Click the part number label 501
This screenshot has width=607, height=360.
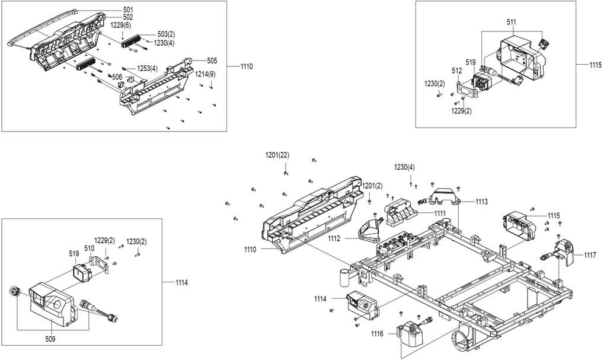point(128,9)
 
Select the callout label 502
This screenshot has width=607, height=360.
point(128,17)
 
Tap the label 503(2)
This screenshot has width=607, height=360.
point(166,34)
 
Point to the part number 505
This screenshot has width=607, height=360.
point(212,60)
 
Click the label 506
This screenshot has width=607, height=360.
point(117,77)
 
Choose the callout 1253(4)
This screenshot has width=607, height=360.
point(147,69)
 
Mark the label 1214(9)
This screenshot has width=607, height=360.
point(206,74)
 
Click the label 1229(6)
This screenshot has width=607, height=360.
point(121,25)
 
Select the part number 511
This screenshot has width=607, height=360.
point(512,23)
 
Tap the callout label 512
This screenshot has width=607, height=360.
point(457,71)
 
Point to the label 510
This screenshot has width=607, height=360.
point(89,248)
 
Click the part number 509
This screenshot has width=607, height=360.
point(50,339)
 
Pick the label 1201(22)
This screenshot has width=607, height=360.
point(277,155)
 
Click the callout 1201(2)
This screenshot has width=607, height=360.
point(372,186)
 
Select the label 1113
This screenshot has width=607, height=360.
point(481,202)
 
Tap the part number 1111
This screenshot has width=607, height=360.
point(440,213)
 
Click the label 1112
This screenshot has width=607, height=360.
point(334,238)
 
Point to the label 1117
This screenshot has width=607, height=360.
point(590,255)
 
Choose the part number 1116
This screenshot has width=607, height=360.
point(377,334)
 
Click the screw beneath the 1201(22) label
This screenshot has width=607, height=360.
point(286,173)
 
